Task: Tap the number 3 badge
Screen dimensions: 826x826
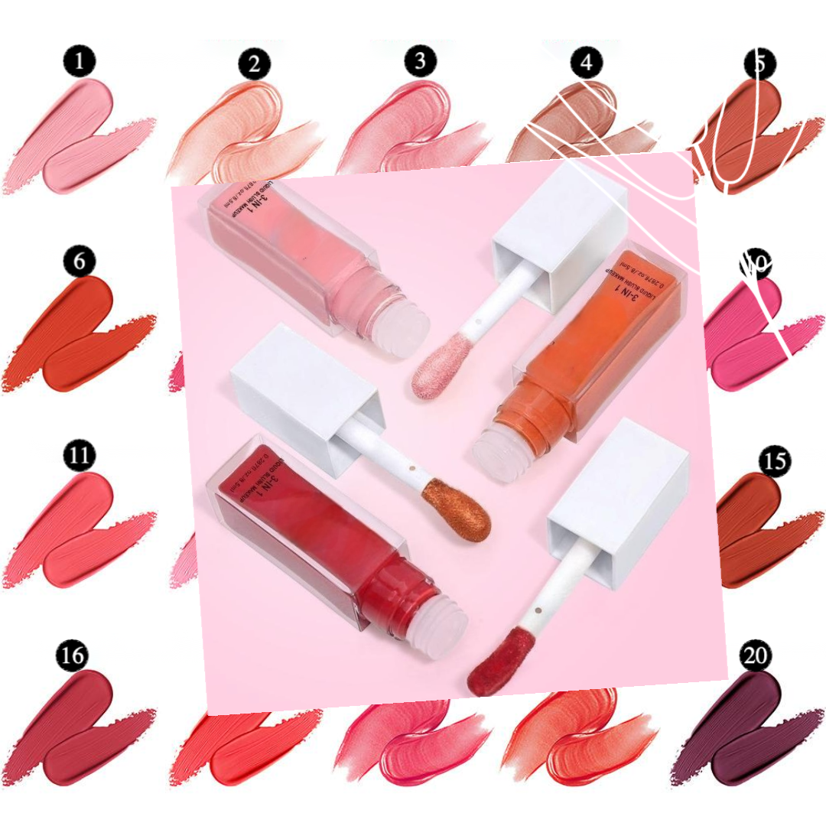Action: pos(419,62)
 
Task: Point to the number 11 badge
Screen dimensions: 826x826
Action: pos(80,457)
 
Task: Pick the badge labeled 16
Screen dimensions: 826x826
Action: pos(72,655)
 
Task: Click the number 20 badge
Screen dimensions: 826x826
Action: pos(756,656)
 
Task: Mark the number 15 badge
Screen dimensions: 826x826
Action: pos(775,461)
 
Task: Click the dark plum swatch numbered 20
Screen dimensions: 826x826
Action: pos(734,727)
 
